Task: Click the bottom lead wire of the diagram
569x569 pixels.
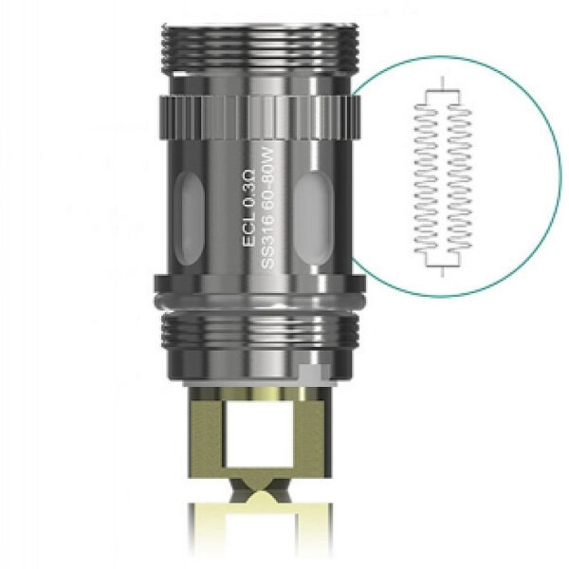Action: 442,271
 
